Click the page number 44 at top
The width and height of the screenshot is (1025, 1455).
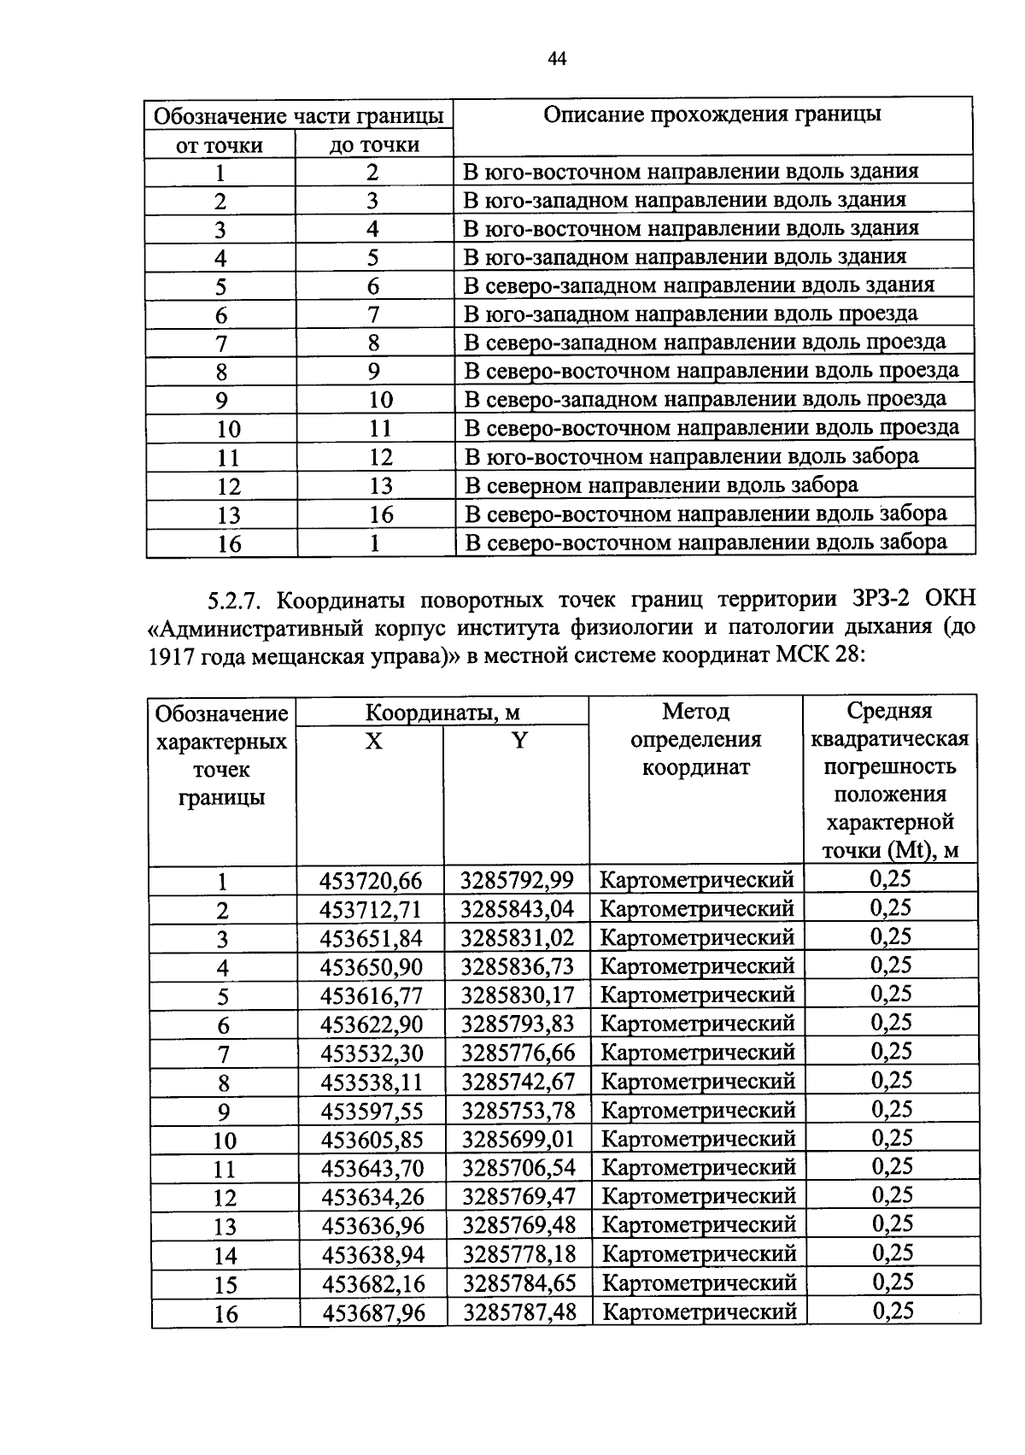557,59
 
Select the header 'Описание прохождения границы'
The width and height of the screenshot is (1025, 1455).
712,114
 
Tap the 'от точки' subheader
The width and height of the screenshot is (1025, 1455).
220,145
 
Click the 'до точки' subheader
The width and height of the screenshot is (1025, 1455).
374,145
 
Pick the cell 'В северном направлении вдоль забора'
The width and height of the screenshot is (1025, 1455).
661,485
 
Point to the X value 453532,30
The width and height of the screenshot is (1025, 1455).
372,1053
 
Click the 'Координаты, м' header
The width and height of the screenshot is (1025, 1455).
442,712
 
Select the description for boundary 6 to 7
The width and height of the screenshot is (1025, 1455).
690,314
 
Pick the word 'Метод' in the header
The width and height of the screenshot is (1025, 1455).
695,711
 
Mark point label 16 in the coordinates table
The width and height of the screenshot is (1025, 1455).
225,1314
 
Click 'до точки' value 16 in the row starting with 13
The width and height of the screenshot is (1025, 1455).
381,514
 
